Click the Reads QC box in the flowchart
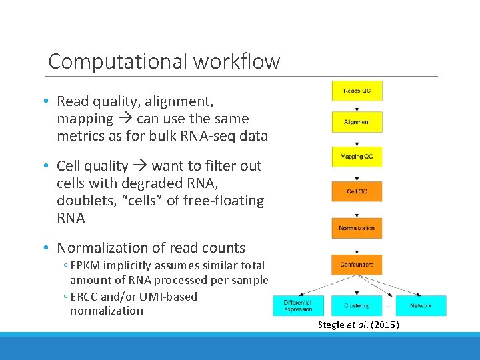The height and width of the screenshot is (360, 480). click(x=357, y=91)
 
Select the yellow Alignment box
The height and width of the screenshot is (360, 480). click(x=357, y=122)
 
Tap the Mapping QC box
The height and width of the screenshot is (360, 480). click(x=357, y=157)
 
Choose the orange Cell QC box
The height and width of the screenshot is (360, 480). click(x=357, y=191)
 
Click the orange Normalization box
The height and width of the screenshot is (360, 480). click(x=357, y=228)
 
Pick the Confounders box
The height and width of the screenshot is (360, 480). click(x=357, y=265)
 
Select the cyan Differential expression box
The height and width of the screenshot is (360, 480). click(x=299, y=305)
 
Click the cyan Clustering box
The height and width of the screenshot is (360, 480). click(x=357, y=305)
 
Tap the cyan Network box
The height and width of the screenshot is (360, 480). click(x=421, y=305)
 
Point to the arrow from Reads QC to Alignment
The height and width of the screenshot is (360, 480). click(x=357, y=106)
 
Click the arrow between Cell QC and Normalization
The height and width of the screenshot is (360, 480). click(x=357, y=209)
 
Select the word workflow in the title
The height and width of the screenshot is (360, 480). click(x=237, y=61)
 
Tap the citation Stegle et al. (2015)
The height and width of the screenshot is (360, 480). click(x=358, y=325)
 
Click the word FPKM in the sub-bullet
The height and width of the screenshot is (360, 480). click(x=87, y=265)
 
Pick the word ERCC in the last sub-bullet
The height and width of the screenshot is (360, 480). click(x=85, y=297)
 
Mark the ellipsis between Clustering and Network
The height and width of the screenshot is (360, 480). click(x=391, y=306)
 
